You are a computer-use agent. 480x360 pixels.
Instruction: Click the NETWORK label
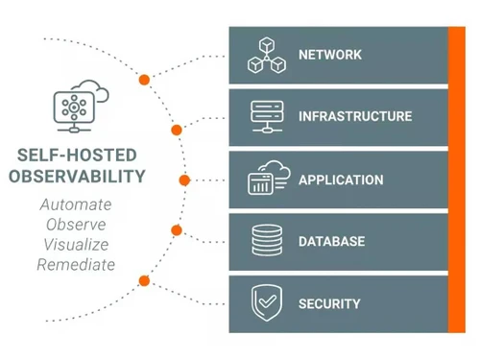[329, 55]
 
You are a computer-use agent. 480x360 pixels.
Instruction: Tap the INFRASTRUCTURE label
[354, 117]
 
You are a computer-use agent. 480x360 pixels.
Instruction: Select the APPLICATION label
[341, 180]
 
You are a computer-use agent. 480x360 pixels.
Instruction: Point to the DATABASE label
[331, 241]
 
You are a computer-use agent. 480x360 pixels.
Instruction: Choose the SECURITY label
[329, 303]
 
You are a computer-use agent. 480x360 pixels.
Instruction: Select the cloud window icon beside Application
[268, 179]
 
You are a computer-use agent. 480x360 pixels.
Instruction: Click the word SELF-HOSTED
[77, 155]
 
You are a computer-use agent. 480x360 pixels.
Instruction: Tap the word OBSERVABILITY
[77, 176]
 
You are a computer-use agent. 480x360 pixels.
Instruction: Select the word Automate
[76, 204]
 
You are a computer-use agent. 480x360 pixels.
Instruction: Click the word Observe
[76, 225]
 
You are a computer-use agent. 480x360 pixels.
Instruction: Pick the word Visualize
[76, 244]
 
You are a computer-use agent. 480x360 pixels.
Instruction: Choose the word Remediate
[76, 264]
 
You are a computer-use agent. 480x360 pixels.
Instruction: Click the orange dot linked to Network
[144, 79]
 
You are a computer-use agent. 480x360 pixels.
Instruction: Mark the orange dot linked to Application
[184, 180]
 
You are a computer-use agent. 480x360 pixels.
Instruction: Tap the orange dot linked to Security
[144, 280]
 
